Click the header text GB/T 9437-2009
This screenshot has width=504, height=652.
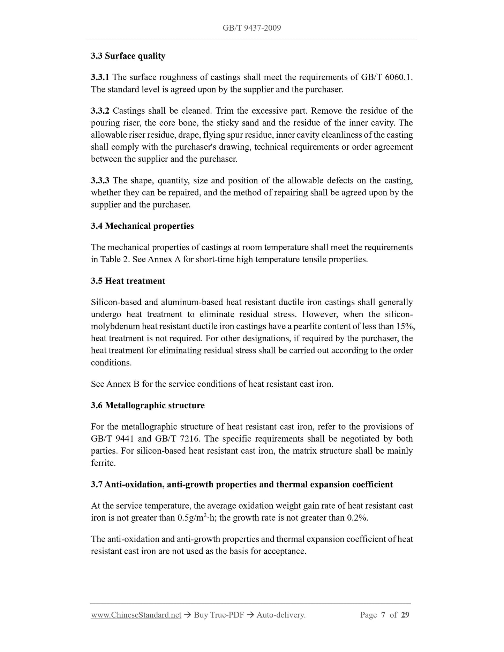click(x=251, y=28)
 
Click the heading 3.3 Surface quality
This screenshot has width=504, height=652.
click(x=128, y=56)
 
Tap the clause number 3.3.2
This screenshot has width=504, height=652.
click(x=100, y=111)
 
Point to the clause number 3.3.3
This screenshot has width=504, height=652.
click(x=100, y=181)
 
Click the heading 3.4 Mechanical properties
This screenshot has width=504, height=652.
click(x=142, y=226)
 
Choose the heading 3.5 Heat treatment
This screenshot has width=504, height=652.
click(x=128, y=281)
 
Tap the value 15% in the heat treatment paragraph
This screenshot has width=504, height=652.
click(x=405, y=326)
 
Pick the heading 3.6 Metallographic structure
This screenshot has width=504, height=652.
click(x=148, y=405)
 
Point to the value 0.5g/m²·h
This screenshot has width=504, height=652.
click(x=197, y=517)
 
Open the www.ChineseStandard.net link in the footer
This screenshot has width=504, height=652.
click(x=136, y=615)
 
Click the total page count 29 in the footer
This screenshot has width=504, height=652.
click(x=405, y=615)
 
